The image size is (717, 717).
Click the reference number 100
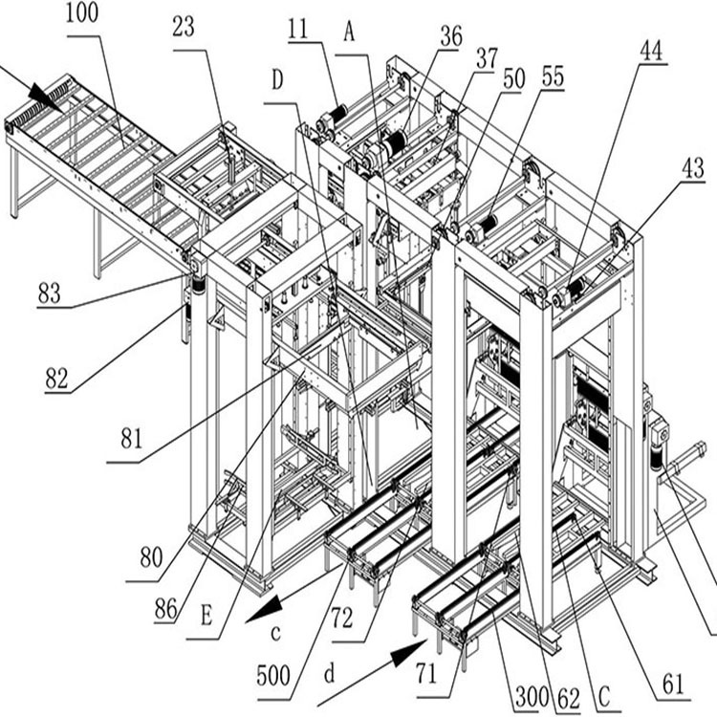pyautogui.click(x=82, y=13)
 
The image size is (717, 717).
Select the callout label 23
pyautogui.click(x=184, y=28)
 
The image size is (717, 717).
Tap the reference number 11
pyautogui.click(x=298, y=31)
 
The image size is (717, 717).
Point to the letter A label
pyautogui.click(x=349, y=33)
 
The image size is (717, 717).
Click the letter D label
pyautogui.click(x=277, y=80)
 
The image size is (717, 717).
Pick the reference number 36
pyautogui.click(x=451, y=36)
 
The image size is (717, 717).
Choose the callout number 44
pyautogui.click(x=651, y=52)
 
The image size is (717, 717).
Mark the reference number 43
pyautogui.click(x=693, y=168)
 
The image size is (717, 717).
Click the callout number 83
pyautogui.click(x=50, y=293)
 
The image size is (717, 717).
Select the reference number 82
pyautogui.click(x=56, y=379)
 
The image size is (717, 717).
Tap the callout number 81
pyautogui.click(x=132, y=439)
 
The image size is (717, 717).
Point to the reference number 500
pyautogui.click(x=273, y=675)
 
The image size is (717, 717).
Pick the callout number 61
pyautogui.click(x=674, y=685)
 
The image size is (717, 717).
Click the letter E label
pyautogui.click(x=206, y=616)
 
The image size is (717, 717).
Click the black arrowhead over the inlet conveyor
pyautogui.click(x=47, y=97)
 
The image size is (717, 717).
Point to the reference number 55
pyautogui.click(x=553, y=76)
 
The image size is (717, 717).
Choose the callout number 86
pyautogui.click(x=165, y=610)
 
